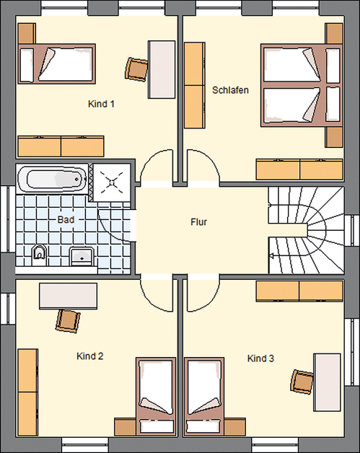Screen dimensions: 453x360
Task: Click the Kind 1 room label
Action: pos(102,104)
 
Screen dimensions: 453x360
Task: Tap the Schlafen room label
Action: pos(230,90)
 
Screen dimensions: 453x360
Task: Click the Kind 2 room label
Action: pos(90,356)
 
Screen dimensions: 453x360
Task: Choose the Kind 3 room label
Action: pos(261,358)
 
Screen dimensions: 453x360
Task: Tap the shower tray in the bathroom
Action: pos(113,180)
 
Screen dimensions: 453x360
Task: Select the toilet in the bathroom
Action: pos(40,253)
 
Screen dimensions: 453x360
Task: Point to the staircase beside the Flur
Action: pos(304,230)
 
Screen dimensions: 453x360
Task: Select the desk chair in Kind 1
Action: pos(136,69)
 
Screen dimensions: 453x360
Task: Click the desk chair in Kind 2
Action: pos(68,320)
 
